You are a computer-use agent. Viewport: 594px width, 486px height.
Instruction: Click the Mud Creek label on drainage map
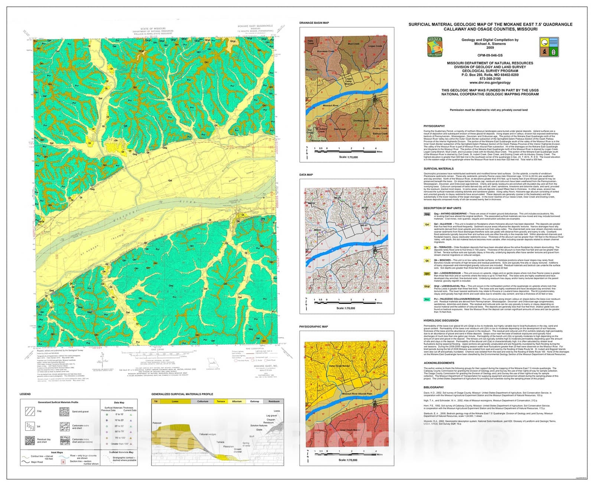click(x=353, y=44)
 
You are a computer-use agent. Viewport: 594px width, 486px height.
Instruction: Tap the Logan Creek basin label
click(x=375, y=46)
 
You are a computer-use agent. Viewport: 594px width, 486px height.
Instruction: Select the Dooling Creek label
click(x=360, y=121)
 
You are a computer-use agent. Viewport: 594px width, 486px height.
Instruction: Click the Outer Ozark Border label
click(x=339, y=366)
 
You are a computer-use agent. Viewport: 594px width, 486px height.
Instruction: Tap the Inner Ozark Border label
click(x=350, y=430)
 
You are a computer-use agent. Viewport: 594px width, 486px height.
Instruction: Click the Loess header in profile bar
click(x=175, y=401)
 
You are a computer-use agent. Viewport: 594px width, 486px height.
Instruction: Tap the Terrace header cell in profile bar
click(x=221, y=401)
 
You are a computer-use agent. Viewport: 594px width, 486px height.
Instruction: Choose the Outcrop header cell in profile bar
click(x=255, y=401)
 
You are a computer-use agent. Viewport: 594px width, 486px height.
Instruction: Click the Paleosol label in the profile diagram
click(x=157, y=423)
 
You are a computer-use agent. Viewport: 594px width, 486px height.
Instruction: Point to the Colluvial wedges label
click(x=207, y=434)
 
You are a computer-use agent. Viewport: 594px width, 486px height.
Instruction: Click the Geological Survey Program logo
click(x=435, y=47)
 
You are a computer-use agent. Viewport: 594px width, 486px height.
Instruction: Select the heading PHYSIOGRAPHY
click(x=434, y=126)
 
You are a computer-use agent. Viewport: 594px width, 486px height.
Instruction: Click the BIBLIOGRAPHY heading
click(x=434, y=387)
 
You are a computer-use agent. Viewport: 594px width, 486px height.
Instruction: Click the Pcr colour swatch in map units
click(x=427, y=299)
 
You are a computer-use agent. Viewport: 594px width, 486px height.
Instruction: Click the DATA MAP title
click(x=306, y=175)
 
